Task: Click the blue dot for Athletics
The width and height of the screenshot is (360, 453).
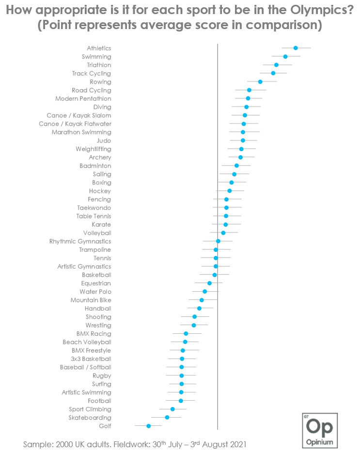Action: (x=296, y=48)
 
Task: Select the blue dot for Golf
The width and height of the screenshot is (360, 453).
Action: (x=149, y=426)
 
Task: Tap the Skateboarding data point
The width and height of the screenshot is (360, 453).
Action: (x=167, y=417)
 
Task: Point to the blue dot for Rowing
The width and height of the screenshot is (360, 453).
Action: (x=260, y=82)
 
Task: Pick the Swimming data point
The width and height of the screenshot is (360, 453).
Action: (x=285, y=57)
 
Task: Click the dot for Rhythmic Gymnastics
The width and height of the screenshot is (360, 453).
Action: (x=218, y=241)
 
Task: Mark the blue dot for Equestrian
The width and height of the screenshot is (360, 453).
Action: (x=209, y=283)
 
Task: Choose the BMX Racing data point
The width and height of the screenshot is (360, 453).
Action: (x=186, y=333)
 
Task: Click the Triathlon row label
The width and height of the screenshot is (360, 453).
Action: (x=99, y=65)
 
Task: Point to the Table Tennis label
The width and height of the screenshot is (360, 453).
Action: (x=94, y=216)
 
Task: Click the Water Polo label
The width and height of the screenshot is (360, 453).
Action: (x=95, y=292)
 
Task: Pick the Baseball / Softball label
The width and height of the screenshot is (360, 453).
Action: (x=85, y=367)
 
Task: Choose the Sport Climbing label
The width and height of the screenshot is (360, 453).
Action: (x=90, y=409)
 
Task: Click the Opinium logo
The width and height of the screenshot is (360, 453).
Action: (x=320, y=430)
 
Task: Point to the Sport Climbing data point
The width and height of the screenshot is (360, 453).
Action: (x=172, y=409)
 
